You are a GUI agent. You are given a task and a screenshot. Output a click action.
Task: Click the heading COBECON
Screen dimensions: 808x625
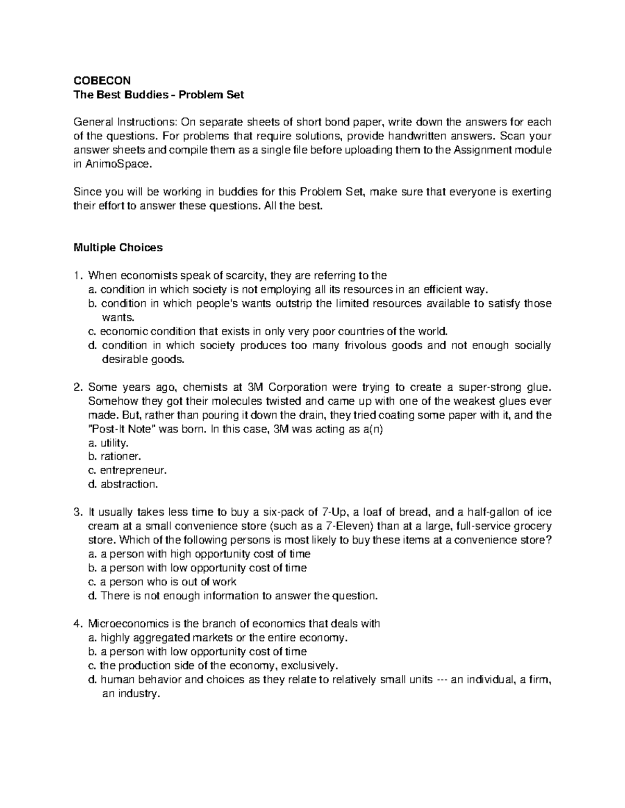pos(102,81)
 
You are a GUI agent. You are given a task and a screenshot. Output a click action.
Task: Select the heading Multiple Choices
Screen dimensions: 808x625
pos(118,248)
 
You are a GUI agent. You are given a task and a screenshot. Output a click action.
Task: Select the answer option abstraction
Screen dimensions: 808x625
pos(128,484)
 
